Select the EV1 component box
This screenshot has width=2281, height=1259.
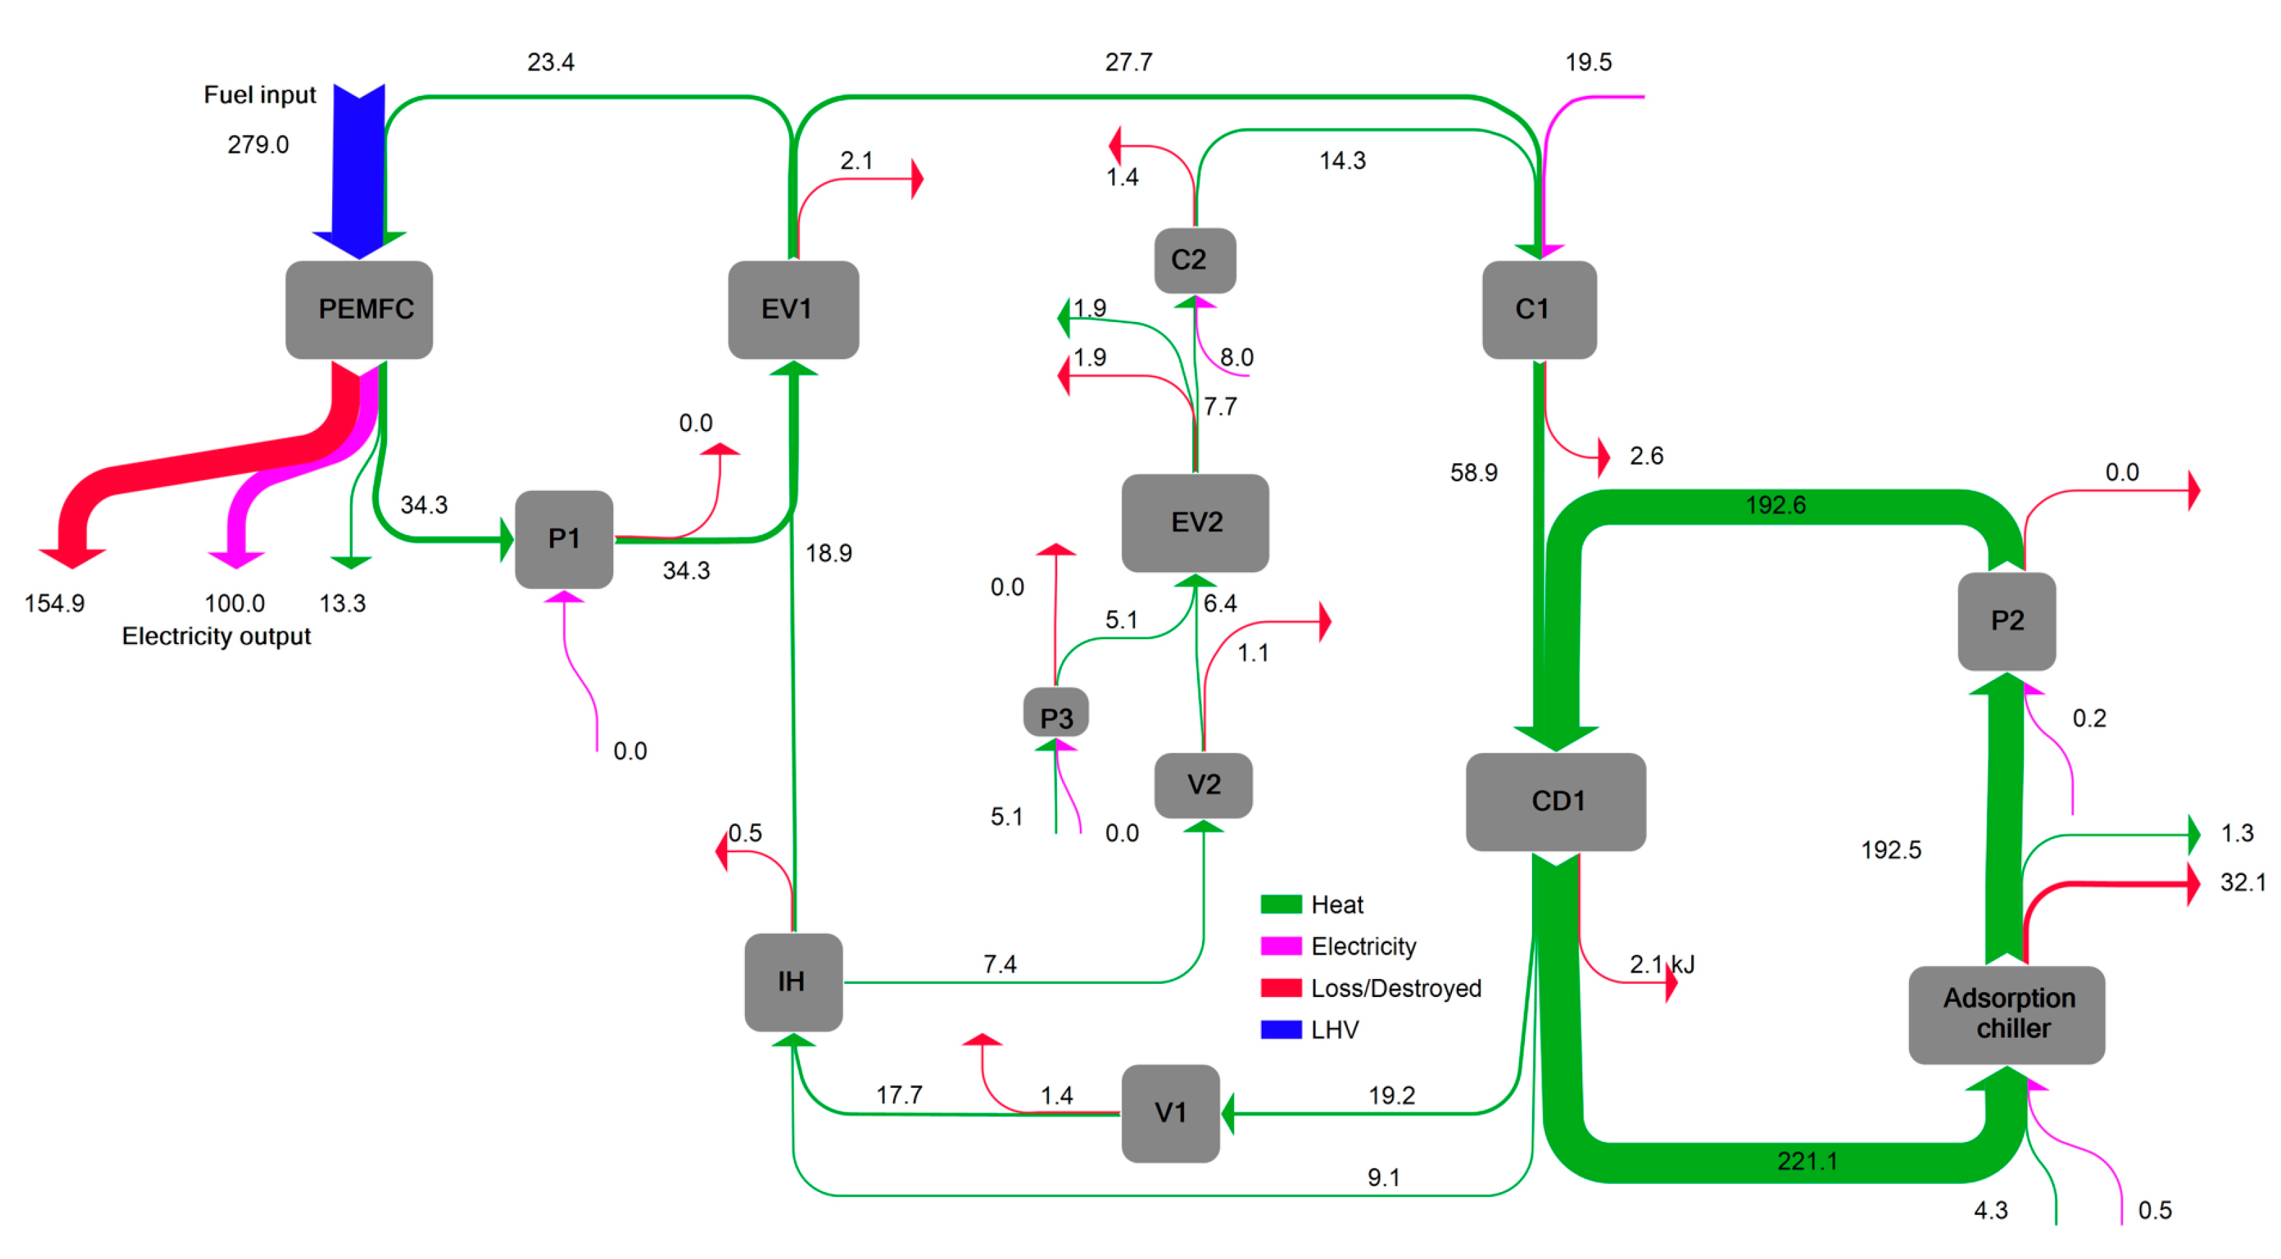[x=792, y=309]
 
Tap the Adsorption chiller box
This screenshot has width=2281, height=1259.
[x=2007, y=1014]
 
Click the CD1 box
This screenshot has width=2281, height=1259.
[x=1556, y=801]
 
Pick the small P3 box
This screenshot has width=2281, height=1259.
[x=1056, y=715]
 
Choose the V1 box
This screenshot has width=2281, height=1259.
[x=1169, y=1113]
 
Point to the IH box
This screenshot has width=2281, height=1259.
[x=792, y=982]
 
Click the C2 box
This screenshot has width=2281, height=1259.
[x=1194, y=260]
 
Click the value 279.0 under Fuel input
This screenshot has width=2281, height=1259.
[x=258, y=144]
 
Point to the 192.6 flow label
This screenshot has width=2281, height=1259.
[x=1774, y=505]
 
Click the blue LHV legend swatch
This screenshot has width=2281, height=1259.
[x=1280, y=1029]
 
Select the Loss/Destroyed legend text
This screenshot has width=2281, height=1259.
[x=1395, y=988]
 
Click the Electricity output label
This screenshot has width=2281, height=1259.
[x=216, y=636]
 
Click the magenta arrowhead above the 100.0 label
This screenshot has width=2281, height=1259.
[x=236, y=558]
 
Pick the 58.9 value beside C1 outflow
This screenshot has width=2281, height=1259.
[x=1473, y=472]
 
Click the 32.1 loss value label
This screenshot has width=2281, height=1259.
[x=2242, y=883]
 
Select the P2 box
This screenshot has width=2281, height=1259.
[x=2007, y=621]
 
